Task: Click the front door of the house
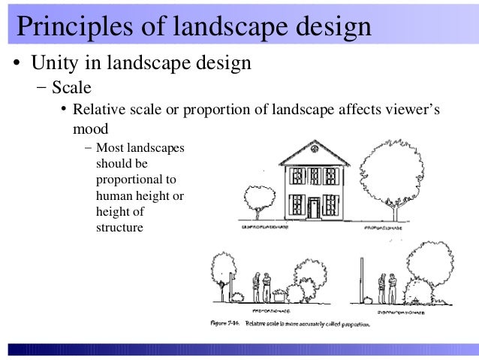tap(313, 207)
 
